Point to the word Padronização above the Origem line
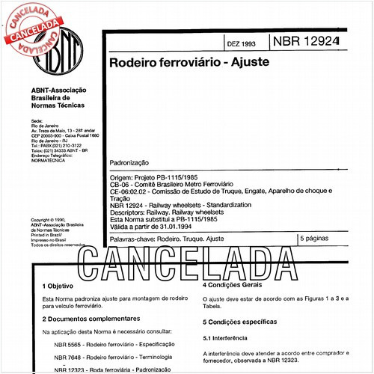(129, 162)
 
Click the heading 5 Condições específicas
(246, 322)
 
